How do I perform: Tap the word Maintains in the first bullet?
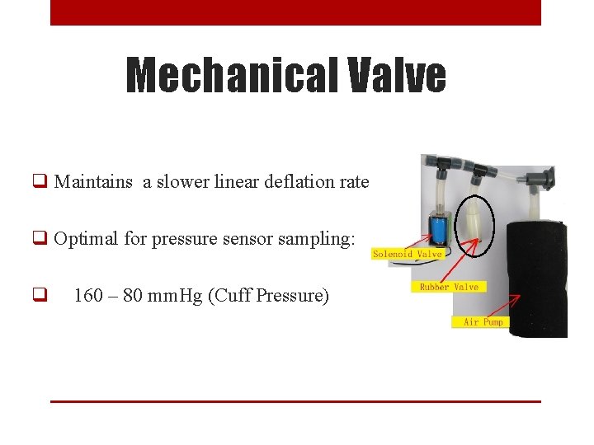[x=93, y=182]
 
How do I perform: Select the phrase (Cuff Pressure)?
[x=268, y=295]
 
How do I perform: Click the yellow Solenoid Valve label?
[x=408, y=254]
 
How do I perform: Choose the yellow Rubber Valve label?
[x=448, y=287]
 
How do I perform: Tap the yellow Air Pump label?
[x=483, y=321]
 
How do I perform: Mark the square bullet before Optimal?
[x=39, y=240]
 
